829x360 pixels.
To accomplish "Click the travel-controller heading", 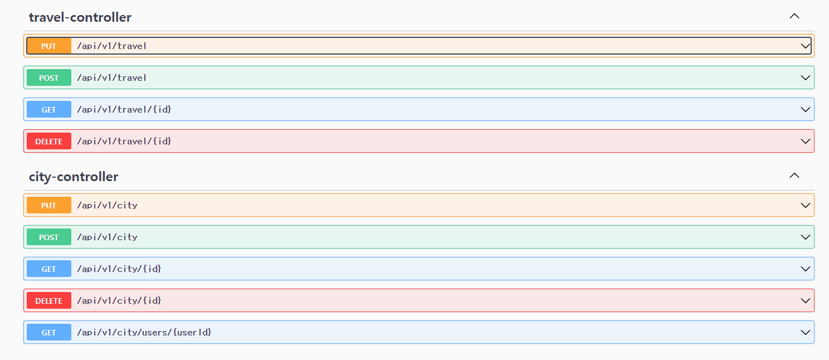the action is click(x=80, y=17).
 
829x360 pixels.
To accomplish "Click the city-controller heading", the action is click(x=74, y=177).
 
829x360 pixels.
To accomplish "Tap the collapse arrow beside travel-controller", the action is click(x=794, y=16).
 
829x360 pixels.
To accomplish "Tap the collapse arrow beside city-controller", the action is click(x=794, y=176).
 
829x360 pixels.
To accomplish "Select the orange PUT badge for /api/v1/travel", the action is click(x=49, y=46).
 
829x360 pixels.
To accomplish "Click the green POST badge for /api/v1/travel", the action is click(x=49, y=78).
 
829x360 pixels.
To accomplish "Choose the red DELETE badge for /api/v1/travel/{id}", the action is click(x=49, y=142).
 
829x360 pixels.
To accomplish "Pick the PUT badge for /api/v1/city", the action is click(x=49, y=206).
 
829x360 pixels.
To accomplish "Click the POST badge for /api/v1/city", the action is click(x=49, y=237).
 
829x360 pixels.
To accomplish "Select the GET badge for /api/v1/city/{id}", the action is click(x=49, y=269).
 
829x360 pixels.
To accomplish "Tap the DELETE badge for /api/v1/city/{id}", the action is click(x=49, y=301).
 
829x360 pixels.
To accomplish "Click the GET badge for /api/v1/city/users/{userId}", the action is click(x=49, y=333).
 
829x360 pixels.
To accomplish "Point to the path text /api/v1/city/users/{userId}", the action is click(x=144, y=333).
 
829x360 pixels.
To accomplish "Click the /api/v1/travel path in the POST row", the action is click(x=112, y=78).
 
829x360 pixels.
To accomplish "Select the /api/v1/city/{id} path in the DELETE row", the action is click(x=119, y=301).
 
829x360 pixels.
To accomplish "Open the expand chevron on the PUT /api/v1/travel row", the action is click(x=805, y=46).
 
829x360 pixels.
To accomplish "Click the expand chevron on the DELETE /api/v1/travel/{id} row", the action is click(x=805, y=142).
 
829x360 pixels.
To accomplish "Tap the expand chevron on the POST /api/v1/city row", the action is click(x=805, y=237).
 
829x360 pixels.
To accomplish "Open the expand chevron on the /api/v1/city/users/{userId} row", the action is click(x=805, y=333).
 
